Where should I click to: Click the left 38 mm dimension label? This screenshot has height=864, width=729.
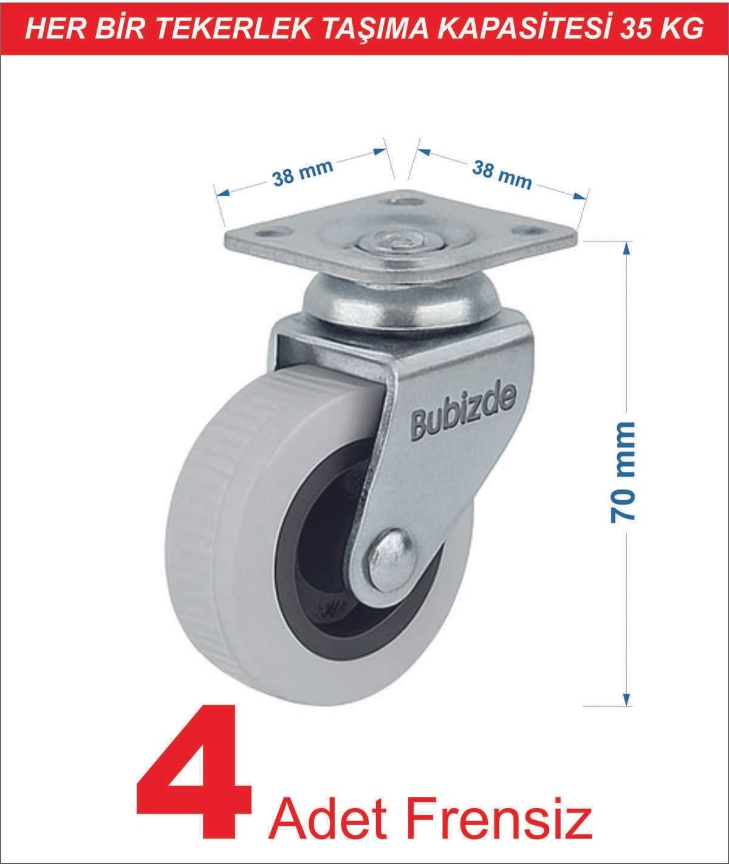tap(302, 171)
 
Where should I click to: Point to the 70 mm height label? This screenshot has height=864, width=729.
tap(621, 471)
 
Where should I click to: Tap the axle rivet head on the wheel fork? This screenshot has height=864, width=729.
tap(391, 559)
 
